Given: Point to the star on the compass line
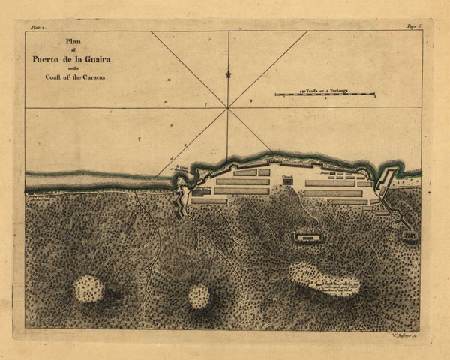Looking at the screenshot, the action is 228,74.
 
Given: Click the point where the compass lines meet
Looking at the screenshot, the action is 228,107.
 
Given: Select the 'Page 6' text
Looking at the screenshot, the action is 415,27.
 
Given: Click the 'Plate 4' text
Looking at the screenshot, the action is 38,27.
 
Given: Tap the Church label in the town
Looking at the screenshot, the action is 287,177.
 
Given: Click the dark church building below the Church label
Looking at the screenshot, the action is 287,182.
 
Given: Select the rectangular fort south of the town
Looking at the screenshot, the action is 307,237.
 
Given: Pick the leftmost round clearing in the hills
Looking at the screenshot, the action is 88,288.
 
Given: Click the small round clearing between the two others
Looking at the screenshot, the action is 199,295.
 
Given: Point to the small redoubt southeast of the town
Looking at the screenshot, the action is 409,235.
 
